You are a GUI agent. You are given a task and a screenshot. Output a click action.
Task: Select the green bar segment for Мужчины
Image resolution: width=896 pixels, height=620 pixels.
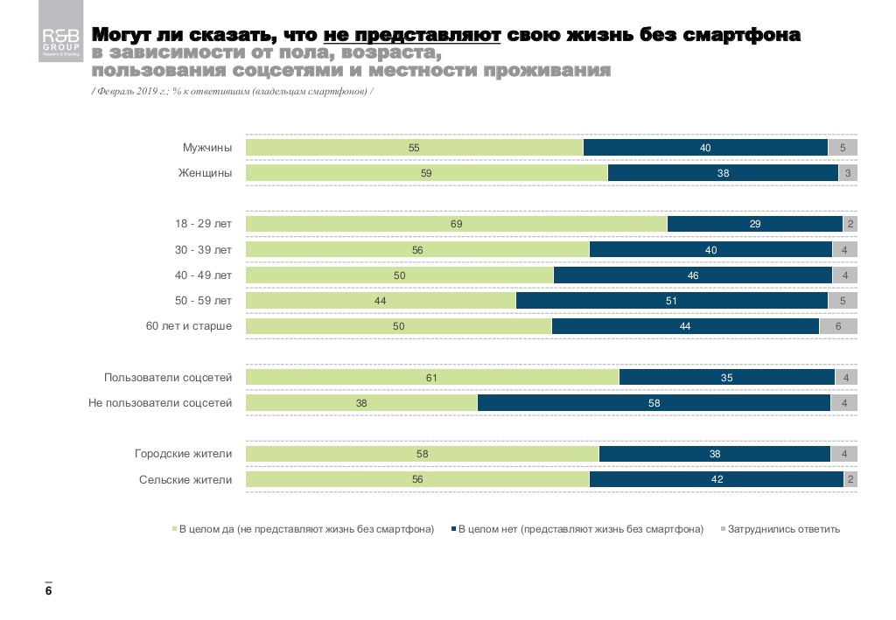414,148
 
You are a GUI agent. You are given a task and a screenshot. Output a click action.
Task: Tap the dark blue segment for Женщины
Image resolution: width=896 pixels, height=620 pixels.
723,173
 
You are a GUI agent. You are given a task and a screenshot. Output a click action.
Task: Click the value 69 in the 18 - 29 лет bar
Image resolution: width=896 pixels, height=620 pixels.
456,224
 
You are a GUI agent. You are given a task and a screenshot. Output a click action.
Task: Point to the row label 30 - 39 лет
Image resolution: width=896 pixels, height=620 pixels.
203,250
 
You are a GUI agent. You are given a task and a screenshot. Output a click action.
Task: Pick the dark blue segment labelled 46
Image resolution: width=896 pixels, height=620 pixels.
692,275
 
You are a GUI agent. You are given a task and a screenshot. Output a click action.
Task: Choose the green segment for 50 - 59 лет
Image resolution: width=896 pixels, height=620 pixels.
381,301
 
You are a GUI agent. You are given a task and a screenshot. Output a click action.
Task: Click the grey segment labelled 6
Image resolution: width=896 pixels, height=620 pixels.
838,326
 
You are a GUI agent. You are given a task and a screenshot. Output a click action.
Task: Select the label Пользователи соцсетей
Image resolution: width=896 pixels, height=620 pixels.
168,378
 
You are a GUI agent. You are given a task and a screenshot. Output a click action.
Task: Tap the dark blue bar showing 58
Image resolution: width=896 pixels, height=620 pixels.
654,403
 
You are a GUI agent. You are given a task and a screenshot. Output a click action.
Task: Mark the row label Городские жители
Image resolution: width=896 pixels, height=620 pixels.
183,454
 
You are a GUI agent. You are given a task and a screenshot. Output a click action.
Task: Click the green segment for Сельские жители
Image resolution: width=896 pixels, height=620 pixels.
417,479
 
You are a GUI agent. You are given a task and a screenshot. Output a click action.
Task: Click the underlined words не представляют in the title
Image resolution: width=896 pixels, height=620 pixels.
411,36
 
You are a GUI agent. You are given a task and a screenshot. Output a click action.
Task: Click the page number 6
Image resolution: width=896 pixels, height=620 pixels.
49,592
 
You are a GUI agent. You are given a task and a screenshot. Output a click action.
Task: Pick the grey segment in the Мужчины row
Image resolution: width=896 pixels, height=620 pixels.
843,148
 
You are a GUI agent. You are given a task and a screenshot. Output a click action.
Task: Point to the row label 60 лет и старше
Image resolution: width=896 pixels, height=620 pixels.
188,326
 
